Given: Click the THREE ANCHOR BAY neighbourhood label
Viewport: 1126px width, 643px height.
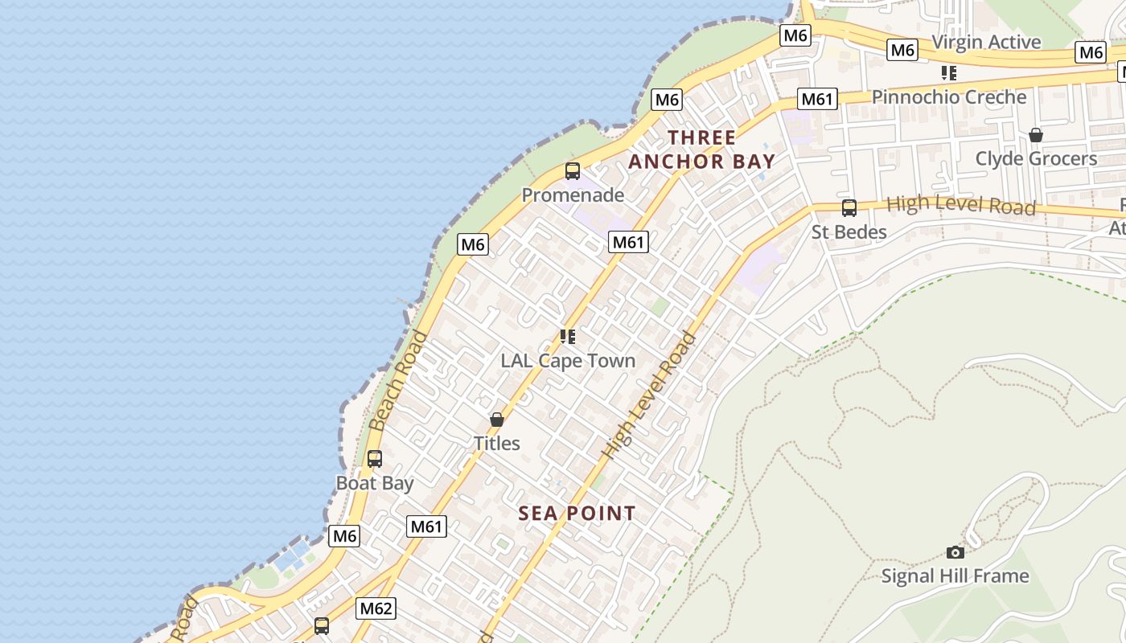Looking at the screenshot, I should click(x=701, y=149).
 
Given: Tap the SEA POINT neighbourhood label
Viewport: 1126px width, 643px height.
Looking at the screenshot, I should click(x=577, y=513).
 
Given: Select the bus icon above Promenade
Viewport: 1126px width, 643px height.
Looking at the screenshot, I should click(x=573, y=170).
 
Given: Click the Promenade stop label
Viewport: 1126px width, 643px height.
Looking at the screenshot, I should click(x=573, y=195).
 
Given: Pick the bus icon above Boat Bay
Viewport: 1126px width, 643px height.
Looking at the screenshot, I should click(x=375, y=459).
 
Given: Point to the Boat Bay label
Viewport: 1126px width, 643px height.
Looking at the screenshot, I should click(x=375, y=483).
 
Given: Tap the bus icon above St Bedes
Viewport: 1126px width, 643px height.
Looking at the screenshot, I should click(x=849, y=208).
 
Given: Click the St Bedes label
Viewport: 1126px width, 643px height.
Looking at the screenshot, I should click(x=849, y=232).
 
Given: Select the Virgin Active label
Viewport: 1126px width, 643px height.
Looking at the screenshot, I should click(x=986, y=42).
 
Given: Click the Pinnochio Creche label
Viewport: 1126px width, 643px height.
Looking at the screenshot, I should click(x=949, y=97).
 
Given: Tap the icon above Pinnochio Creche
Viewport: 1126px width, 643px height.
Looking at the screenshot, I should click(x=949, y=73).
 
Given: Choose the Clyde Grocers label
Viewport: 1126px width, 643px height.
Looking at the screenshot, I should click(x=1036, y=158).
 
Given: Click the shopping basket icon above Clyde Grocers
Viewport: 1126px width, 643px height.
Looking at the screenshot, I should click(x=1036, y=135).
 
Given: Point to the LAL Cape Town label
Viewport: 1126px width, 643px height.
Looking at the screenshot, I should click(x=568, y=361).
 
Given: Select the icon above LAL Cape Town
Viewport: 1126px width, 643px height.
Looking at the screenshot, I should click(x=568, y=337).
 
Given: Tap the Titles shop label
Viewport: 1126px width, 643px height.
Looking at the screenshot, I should click(x=496, y=443).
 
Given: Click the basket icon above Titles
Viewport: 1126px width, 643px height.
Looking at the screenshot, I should click(x=497, y=420).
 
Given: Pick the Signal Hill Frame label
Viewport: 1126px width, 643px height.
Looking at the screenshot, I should click(x=955, y=575).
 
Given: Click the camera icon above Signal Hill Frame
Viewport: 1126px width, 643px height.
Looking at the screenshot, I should click(x=955, y=552).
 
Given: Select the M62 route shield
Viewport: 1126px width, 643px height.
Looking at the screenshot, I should click(x=376, y=608).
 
